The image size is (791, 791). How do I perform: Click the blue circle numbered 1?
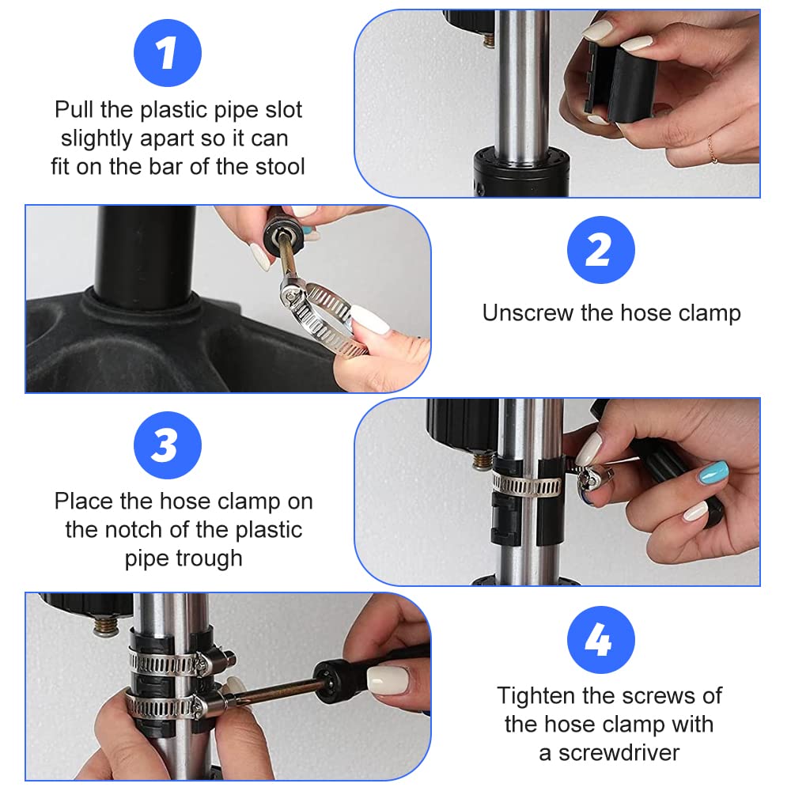point(168,53)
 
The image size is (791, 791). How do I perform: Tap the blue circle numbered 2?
point(601,250)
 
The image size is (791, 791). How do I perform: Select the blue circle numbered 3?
point(168,445)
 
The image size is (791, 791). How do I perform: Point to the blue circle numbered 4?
point(601,640)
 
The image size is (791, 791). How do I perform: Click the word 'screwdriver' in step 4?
point(619,753)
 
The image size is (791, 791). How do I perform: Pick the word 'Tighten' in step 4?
point(537,696)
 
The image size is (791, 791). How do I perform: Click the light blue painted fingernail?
point(713,472)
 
